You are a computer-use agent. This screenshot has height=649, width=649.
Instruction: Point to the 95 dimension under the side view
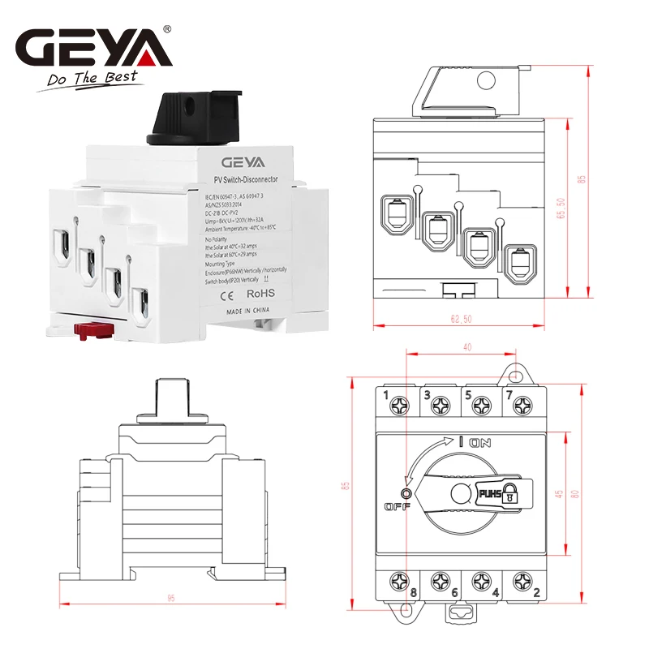[171, 598]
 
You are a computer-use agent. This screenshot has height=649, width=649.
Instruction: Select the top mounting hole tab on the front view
[516, 375]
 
